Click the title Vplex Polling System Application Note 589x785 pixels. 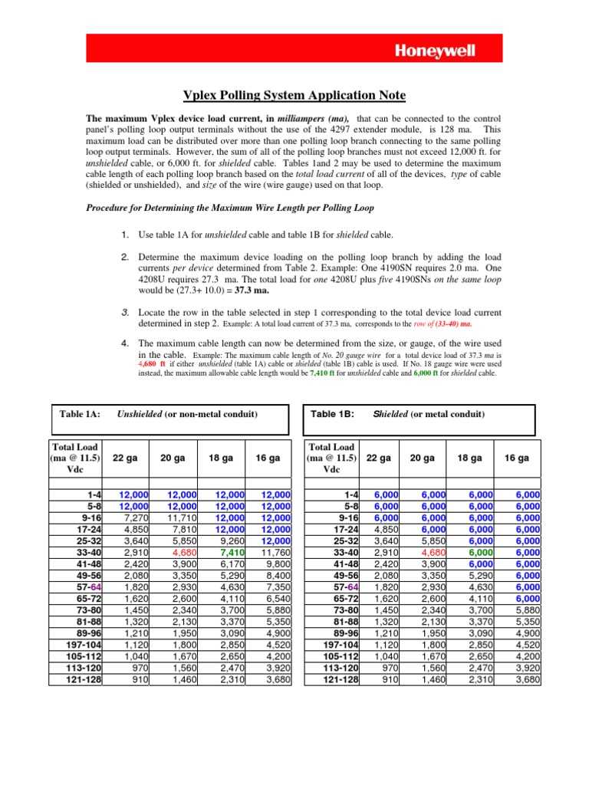tap(294, 95)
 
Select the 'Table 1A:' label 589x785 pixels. tap(80, 414)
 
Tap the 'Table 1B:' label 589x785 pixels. tap(333, 414)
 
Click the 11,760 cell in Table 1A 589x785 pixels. tap(268, 570)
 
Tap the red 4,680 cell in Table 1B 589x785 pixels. tap(435, 570)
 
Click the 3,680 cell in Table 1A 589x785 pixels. tap(268, 678)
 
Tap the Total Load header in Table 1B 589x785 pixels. tap(331, 458)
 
